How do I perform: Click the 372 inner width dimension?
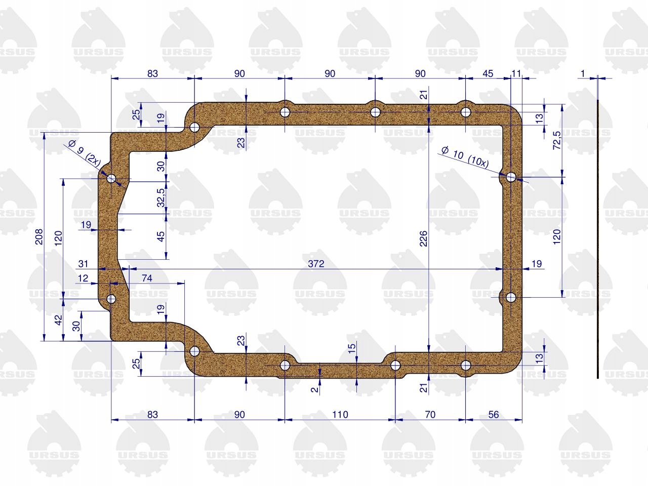316,263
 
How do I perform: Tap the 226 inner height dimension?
423,238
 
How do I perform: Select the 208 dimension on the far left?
39,236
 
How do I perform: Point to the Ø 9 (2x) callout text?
85,153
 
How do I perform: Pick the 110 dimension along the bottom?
340,415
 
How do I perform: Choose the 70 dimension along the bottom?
430,415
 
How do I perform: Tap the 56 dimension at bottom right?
493,415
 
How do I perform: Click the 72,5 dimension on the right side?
557,140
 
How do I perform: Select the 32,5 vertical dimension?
161,198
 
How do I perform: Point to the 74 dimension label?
147,278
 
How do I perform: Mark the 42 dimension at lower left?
58,320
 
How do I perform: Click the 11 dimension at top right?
516,73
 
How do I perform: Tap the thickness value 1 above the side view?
583,73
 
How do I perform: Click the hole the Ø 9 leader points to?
111,178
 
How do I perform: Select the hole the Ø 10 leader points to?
511,177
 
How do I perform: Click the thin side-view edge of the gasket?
598,239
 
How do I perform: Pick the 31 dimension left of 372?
83,263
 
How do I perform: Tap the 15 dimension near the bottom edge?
352,348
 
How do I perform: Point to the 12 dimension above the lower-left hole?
83,278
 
